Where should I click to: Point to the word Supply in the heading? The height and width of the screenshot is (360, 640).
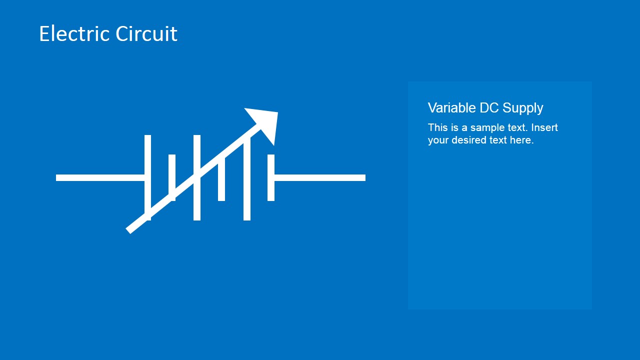pos(522,108)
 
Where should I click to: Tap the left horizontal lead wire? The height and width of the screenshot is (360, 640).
pos(100,177)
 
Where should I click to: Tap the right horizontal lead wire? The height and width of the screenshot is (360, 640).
pos(320,177)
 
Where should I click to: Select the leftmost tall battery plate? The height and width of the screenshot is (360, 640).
pos(147,150)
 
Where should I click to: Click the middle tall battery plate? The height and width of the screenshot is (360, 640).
pos(197,150)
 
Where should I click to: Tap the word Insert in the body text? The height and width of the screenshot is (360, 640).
pos(544,127)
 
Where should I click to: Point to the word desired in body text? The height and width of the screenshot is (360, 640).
pos(469,140)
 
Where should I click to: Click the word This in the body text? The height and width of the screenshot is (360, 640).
pos(437,127)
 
